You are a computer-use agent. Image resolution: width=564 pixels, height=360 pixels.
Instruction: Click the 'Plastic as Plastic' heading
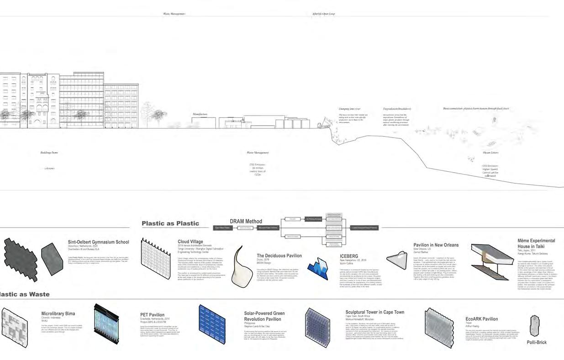point(170,223)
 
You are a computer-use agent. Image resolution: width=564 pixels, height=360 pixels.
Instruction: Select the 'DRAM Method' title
point(246,222)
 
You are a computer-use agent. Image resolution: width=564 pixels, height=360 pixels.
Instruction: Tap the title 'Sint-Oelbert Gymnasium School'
point(98,242)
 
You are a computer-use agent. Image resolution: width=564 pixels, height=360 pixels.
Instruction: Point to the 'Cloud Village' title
point(190,242)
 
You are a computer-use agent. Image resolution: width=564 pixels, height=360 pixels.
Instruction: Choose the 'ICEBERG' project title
point(349,256)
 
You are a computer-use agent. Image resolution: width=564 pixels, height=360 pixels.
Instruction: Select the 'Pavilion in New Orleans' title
point(436,245)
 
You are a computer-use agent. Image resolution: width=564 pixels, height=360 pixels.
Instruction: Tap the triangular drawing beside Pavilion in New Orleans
point(397,260)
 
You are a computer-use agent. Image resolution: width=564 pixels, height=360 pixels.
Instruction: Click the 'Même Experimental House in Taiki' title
point(536,244)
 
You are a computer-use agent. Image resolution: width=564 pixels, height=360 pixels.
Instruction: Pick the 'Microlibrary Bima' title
point(58,314)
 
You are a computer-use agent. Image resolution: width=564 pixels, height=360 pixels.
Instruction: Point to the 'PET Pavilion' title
point(152,315)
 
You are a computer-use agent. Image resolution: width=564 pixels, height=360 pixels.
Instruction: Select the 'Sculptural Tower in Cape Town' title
point(374,312)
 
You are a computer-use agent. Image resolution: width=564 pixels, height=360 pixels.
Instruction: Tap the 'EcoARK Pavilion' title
point(481,319)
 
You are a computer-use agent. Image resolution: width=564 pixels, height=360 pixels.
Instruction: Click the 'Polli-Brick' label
point(536,342)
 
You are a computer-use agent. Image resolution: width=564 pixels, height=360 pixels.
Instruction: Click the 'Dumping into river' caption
point(349,109)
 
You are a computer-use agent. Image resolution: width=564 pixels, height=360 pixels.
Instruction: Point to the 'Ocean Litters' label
point(490,153)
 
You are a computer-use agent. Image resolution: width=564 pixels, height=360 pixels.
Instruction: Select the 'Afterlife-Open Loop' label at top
point(323,14)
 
